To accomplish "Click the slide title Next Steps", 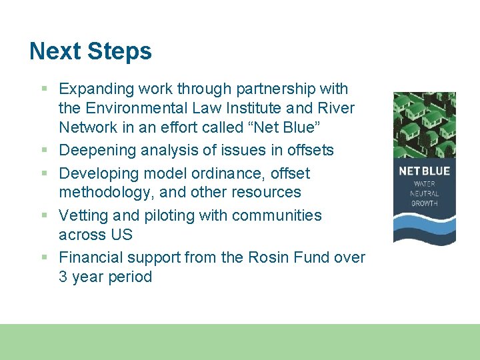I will pyautogui.click(x=91, y=51).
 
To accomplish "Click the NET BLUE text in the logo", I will pyautogui.click(x=424, y=171).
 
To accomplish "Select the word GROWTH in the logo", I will pyautogui.click(x=424, y=203).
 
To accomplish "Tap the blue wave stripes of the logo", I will pyautogui.click(x=424, y=227).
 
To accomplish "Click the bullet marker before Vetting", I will pyautogui.click(x=44, y=216).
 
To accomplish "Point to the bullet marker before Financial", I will pyautogui.click(x=44, y=257).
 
